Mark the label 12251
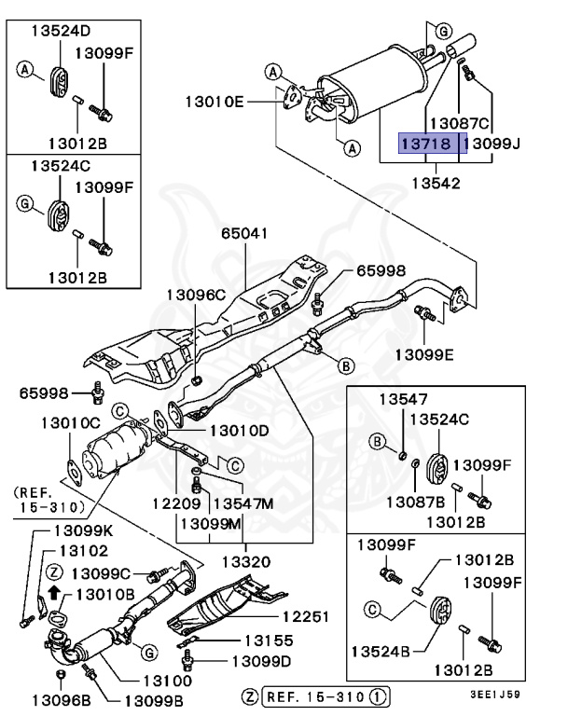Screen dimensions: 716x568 (307, 617)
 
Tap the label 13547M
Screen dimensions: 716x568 (243, 503)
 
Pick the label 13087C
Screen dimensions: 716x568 (459, 123)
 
